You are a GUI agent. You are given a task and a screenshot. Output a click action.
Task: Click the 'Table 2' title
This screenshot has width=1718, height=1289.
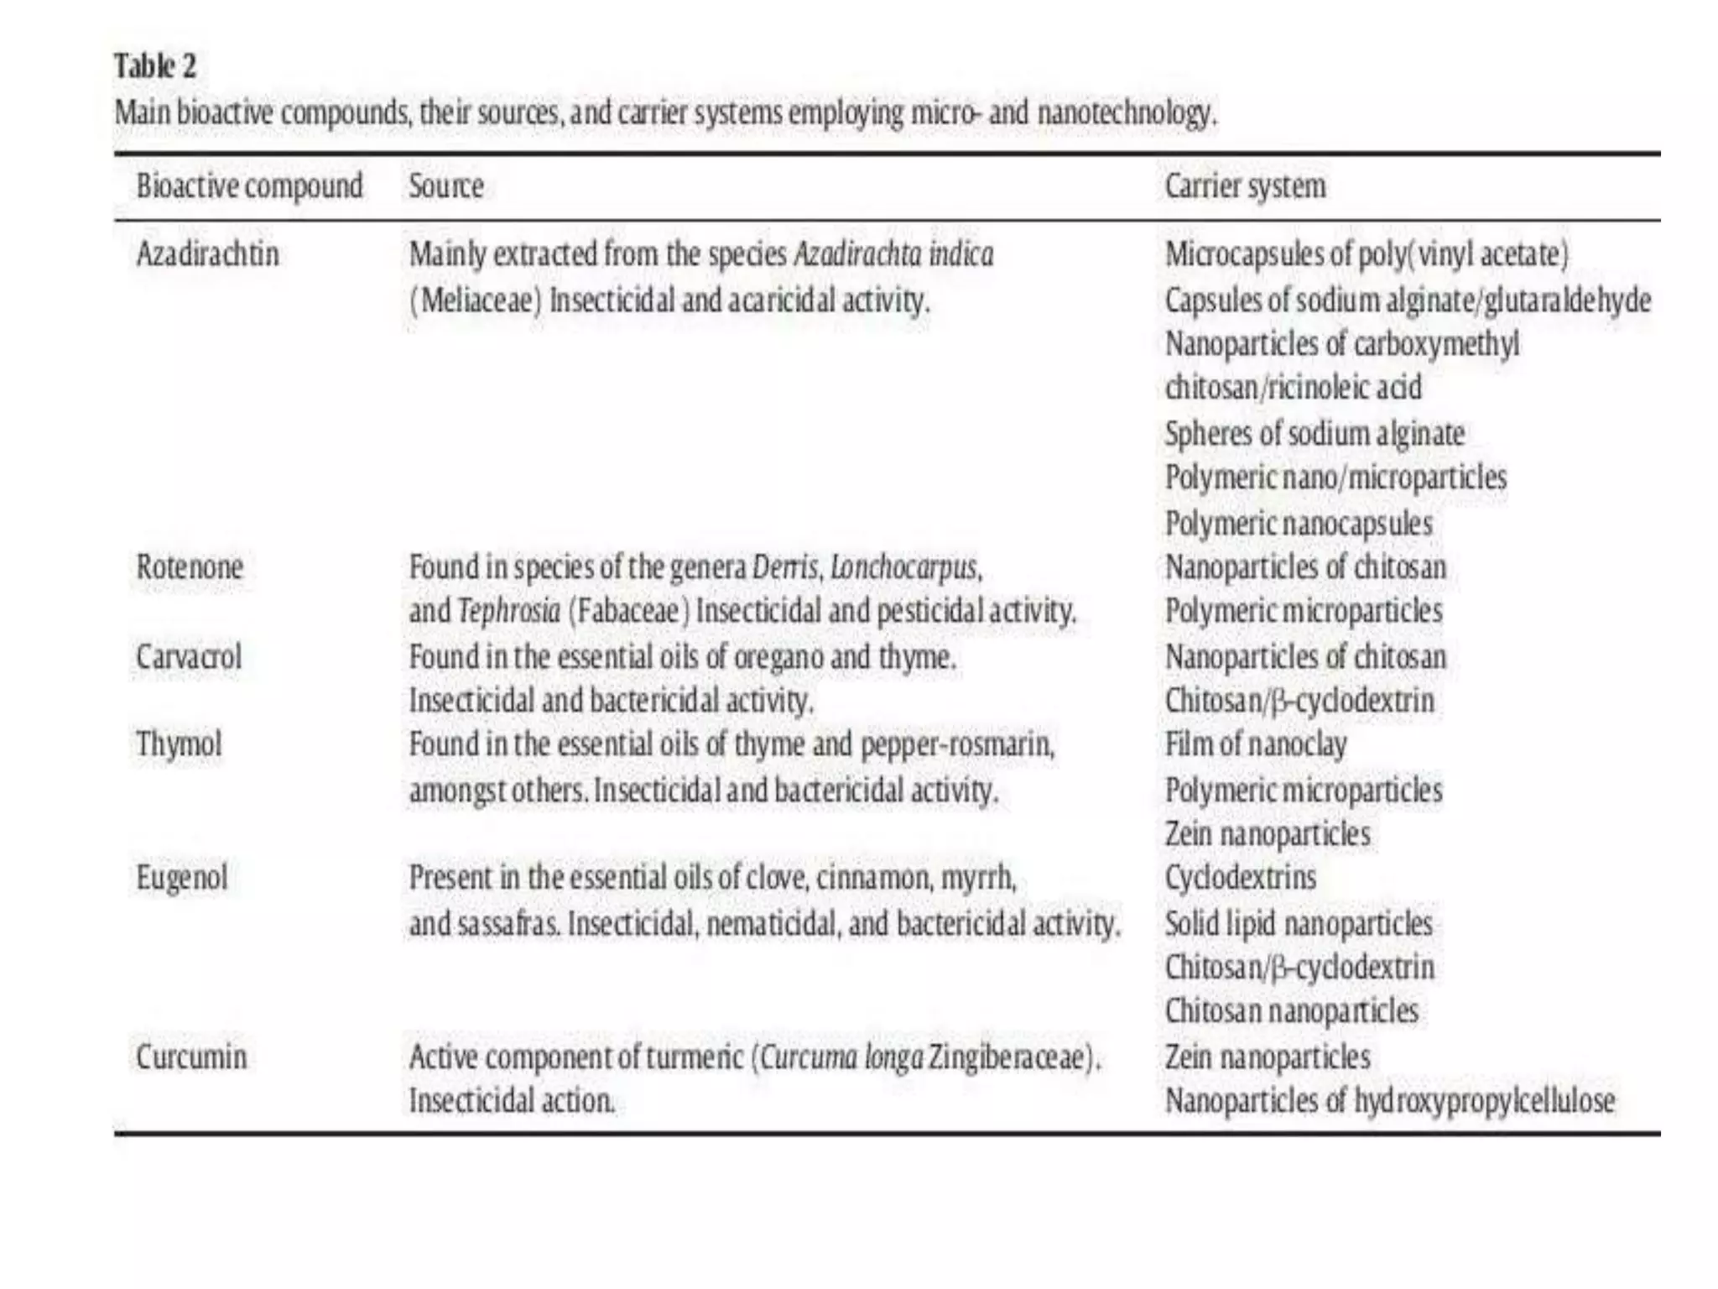pyautogui.click(x=155, y=66)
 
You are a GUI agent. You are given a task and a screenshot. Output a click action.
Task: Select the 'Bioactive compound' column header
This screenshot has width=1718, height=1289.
pyautogui.click(x=249, y=186)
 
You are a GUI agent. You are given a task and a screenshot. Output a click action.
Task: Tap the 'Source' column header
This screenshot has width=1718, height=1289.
pyautogui.click(x=445, y=186)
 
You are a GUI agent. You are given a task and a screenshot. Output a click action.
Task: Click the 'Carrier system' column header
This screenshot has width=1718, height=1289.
pyautogui.click(x=1245, y=186)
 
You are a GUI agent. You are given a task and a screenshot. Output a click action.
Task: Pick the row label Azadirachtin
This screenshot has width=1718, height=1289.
pyautogui.click(x=207, y=254)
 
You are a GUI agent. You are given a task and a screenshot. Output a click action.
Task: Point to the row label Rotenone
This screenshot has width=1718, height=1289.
pyautogui.click(x=190, y=567)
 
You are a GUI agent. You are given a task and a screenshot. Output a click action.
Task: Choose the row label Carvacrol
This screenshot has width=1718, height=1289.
pyautogui.click(x=189, y=656)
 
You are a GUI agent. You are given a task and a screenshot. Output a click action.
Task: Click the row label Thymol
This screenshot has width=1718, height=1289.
pyautogui.click(x=179, y=744)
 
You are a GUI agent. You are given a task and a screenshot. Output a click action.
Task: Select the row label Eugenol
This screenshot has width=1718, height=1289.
pyautogui.click(x=182, y=878)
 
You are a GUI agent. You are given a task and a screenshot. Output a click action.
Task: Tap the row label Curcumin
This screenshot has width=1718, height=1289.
pyautogui.click(x=191, y=1057)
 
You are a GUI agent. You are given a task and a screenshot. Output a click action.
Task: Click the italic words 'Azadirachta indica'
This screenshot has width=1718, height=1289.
pyautogui.click(x=893, y=254)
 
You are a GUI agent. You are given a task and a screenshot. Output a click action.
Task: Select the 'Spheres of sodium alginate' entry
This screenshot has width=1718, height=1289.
pyautogui.click(x=1315, y=434)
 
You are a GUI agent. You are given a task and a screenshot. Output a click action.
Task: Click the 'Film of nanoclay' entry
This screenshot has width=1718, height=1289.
pyautogui.click(x=1256, y=744)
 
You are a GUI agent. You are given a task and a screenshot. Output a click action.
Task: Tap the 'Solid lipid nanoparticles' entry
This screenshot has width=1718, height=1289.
pyautogui.click(x=1299, y=924)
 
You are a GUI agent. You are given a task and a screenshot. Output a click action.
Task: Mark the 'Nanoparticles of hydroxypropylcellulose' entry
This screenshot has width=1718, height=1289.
pyautogui.click(x=1389, y=1100)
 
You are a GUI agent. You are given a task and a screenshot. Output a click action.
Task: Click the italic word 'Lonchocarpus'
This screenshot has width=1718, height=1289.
pyautogui.click(x=903, y=567)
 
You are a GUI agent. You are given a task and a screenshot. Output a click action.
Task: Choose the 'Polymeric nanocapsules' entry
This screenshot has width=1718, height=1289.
pyautogui.click(x=1299, y=524)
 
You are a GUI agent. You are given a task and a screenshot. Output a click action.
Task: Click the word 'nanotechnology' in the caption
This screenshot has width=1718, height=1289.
pyautogui.click(x=1125, y=112)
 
